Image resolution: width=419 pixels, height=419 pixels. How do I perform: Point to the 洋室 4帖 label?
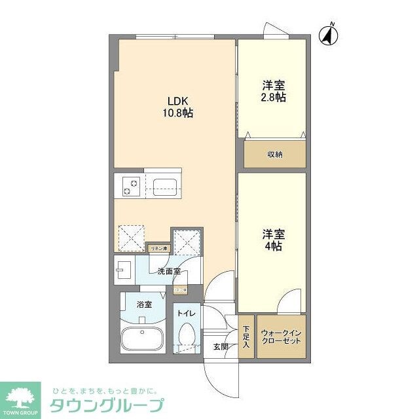(274, 240)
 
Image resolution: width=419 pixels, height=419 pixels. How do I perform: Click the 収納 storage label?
(275, 155)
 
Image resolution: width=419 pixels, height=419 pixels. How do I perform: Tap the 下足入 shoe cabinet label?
(246, 337)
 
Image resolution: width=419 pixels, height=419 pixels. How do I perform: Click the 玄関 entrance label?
(221, 346)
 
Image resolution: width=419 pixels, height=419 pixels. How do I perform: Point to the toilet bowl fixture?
(187, 337)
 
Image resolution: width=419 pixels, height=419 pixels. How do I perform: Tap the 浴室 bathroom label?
(144, 304)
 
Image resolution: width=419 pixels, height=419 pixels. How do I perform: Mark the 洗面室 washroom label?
(169, 271)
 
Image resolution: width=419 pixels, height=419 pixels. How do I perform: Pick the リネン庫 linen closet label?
(159, 249)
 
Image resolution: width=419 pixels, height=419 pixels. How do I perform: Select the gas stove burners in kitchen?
(129, 186)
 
